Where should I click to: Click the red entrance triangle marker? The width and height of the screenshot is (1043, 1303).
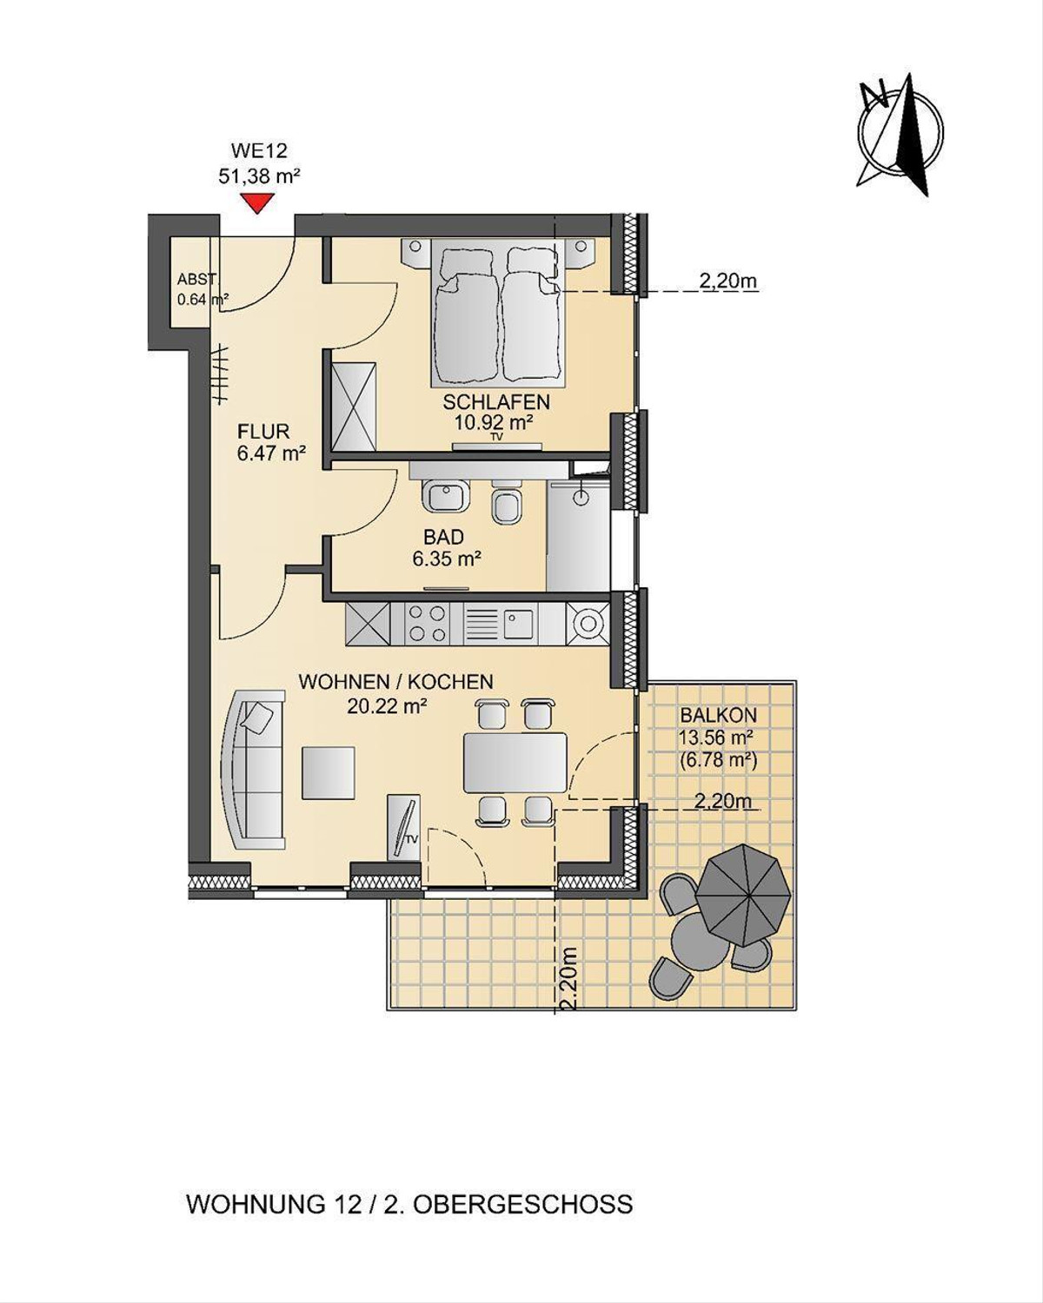[258, 203]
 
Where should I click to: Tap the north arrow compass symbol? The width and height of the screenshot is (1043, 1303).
[900, 134]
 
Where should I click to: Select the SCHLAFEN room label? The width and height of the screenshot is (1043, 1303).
[496, 401]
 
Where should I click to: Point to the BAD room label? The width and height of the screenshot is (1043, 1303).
[443, 537]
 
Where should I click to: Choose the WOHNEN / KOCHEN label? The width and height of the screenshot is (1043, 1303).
[395, 682]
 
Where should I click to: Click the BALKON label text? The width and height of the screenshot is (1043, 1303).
[718, 715]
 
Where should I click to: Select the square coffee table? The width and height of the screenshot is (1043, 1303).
[328, 772]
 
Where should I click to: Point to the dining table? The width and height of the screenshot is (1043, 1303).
[515, 763]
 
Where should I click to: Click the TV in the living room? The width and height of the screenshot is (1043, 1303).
[403, 825]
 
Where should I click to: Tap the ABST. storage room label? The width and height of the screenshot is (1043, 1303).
[196, 280]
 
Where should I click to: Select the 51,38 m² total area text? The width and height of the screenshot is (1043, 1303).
[259, 176]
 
